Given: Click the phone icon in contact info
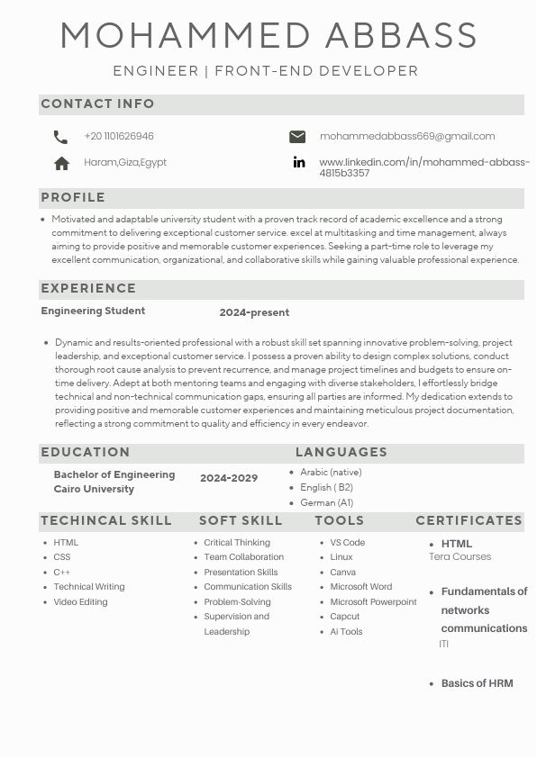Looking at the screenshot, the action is (60, 137).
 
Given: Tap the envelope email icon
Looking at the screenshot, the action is (297, 137).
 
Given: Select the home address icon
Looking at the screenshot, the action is (61, 163).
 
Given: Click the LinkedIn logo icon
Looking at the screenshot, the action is (298, 163).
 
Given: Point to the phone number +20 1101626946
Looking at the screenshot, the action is (119, 137).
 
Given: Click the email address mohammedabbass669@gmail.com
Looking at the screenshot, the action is (407, 137).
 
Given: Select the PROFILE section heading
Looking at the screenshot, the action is (73, 198).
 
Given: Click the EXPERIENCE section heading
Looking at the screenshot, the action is (88, 289).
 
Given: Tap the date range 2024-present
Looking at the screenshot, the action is (254, 313).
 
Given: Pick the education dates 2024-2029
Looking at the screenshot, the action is (229, 478).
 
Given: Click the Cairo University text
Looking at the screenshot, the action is (94, 490).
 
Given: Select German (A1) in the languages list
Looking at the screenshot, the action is (326, 503).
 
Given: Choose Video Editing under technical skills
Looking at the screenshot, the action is (80, 602).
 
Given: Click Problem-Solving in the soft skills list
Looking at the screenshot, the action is (237, 602).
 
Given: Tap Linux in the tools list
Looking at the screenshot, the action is (341, 557).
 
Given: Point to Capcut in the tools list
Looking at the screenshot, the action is (344, 617).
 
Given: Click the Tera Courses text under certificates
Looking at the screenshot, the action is (460, 557).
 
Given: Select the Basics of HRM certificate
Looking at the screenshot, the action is (477, 683).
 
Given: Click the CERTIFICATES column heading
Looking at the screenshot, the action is (469, 521).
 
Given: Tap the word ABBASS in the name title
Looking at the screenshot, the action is (401, 37).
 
